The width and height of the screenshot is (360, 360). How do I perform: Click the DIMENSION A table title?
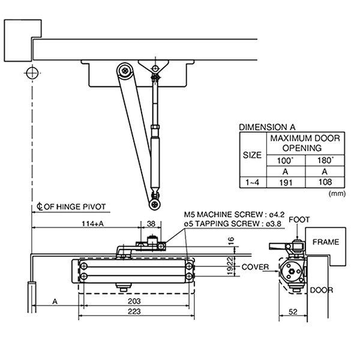(267, 127)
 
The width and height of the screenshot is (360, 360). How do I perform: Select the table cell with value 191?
(286, 182)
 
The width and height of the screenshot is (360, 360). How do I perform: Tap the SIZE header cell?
(252, 154)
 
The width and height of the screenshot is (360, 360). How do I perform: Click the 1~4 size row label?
(252, 182)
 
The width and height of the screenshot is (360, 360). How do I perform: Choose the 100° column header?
(286, 160)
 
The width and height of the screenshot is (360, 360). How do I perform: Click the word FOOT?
(299, 220)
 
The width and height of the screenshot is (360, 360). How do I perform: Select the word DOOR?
(322, 290)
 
